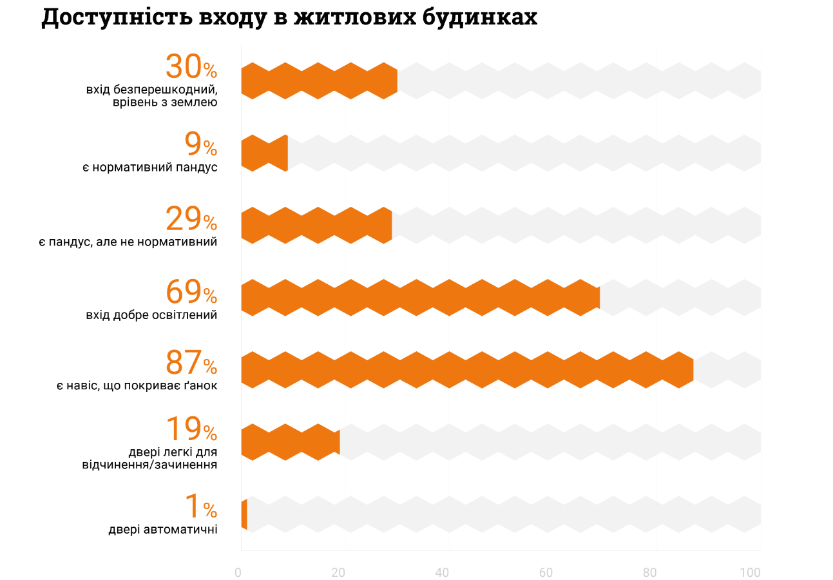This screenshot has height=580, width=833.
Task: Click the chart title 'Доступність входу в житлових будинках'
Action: (x=289, y=17)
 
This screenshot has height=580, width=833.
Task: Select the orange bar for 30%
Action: (x=319, y=81)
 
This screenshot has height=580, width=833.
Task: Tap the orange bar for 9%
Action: (x=264, y=153)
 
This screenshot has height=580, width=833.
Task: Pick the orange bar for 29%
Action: (x=316, y=225)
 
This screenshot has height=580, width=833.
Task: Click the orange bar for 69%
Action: (x=420, y=297)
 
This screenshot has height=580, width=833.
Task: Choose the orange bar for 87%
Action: (x=467, y=369)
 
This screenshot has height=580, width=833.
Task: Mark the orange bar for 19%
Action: (x=290, y=441)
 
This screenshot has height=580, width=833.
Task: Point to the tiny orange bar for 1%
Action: (x=244, y=514)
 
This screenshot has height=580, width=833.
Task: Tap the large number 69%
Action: (x=191, y=292)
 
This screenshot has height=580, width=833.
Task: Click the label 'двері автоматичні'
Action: (x=162, y=530)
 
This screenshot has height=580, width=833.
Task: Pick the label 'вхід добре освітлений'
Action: (x=151, y=315)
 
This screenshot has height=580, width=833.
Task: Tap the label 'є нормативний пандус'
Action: (x=149, y=168)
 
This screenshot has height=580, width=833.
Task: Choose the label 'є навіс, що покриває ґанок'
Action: (x=136, y=386)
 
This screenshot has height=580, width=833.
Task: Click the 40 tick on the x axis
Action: (x=442, y=572)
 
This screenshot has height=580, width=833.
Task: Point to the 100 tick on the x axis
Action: (x=750, y=572)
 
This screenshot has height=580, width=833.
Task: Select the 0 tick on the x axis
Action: (x=238, y=572)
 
